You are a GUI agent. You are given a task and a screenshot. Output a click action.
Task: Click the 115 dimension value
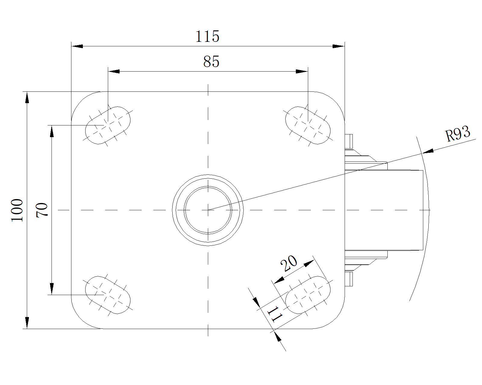pos(207,36)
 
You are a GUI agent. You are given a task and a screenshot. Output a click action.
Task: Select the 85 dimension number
pos(211,62)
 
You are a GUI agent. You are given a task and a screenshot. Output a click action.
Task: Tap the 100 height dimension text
pos(17,210)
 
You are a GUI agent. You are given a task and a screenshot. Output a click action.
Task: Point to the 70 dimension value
pos(42,210)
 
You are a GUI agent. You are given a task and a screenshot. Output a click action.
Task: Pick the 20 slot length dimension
pos(289,263)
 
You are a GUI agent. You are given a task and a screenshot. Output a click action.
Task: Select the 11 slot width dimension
pos(275,314)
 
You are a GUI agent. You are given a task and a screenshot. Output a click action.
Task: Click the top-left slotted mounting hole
pos(108,125)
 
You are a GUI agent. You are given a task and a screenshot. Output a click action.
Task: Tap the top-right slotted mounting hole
pos(308,125)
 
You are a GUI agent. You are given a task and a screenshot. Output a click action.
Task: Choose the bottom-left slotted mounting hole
pos(108,295)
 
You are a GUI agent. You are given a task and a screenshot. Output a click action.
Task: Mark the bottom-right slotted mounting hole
pos(308,295)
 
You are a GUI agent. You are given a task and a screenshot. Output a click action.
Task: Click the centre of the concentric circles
pos(208,210)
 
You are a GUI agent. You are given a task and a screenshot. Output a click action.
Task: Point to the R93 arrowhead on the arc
pos(427,152)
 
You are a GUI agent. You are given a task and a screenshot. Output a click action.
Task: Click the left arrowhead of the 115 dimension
pos(77,46)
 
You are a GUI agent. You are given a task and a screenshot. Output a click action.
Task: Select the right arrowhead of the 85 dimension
pos(302,71)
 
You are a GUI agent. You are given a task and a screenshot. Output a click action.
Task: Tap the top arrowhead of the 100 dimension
pos(27,97)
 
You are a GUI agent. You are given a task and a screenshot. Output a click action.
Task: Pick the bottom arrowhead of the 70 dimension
pos(52,289)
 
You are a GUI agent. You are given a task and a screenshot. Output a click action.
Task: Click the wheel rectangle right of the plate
pos(384,210)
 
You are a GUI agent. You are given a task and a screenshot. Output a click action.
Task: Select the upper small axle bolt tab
pos(349,141)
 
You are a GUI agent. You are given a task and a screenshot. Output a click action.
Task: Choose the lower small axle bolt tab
pos(349,279)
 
